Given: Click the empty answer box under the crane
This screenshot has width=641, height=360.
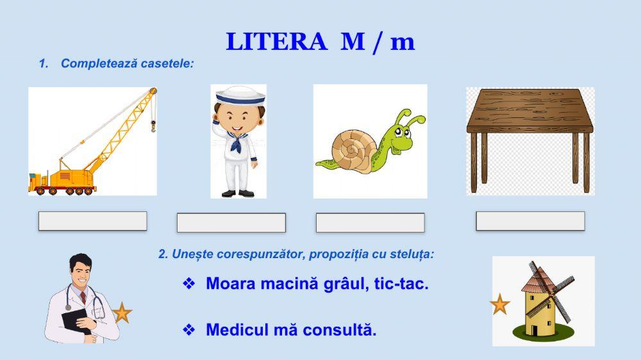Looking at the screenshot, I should (x=92, y=221).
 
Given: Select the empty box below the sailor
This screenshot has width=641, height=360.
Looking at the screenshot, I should (x=231, y=222).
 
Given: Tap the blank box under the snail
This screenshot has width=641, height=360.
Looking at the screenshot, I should (x=370, y=222).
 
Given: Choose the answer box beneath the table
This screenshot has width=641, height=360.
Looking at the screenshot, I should (x=530, y=221).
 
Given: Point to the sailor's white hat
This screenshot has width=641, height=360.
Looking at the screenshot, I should (x=240, y=96).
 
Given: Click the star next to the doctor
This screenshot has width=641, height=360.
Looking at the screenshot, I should (x=121, y=313).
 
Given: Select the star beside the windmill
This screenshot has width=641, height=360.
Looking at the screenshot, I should (x=499, y=304).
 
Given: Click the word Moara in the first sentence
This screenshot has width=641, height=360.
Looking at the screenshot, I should (x=228, y=284).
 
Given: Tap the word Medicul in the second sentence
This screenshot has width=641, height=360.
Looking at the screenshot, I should (x=234, y=331).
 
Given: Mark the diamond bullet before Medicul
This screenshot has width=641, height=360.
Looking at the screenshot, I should (x=188, y=331).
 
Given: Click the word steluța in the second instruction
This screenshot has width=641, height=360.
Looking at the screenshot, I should (x=415, y=254).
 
